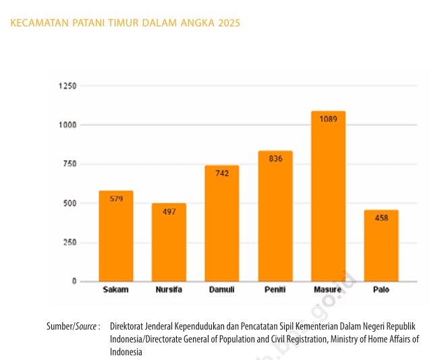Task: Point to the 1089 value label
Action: point(328,119)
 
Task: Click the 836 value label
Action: point(275,158)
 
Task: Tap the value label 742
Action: point(222,173)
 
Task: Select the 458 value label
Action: point(381,217)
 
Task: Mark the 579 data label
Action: point(116,199)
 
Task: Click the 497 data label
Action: point(169,211)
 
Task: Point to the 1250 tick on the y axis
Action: point(67,86)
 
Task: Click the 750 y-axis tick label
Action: point(70,164)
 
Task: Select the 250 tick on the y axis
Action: point(70,242)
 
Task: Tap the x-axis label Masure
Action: point(328,290)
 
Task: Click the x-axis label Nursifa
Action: point(169,290)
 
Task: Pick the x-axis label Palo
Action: point(381,290)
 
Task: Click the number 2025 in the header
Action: point(229,23)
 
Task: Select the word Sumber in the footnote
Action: point(59,326)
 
